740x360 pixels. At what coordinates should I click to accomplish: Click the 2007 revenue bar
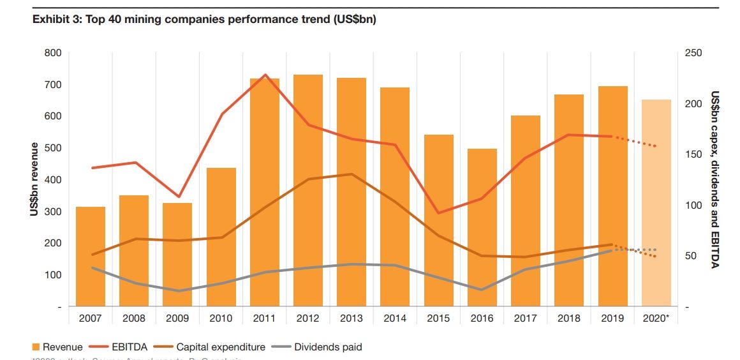point(91,256)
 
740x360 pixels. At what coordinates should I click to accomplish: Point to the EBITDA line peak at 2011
point(265,75)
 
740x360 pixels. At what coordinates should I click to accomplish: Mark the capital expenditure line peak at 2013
point(352,174)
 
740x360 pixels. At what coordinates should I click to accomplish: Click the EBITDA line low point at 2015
point(439,213)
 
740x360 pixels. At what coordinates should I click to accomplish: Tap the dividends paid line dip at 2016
point(482,290)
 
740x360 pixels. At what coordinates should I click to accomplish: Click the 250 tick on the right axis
point(693,53)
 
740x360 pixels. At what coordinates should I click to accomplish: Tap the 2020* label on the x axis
point(656,317)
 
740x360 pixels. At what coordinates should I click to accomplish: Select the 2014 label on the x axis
point(395,317)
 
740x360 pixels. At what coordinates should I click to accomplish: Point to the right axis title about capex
point(715,179)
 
